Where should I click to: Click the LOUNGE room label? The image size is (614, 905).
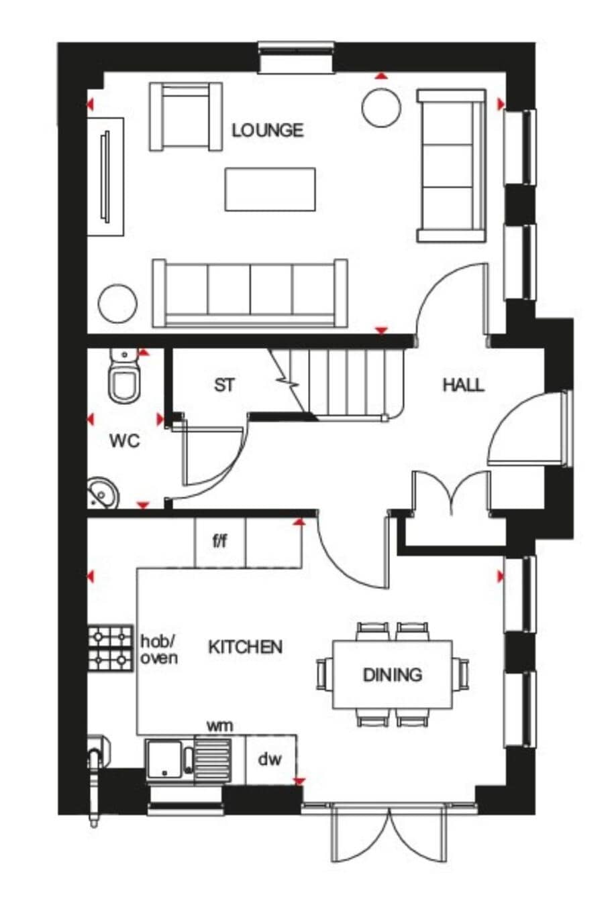267,131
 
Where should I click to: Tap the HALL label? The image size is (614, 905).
463,385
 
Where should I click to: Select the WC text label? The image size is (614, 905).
125,441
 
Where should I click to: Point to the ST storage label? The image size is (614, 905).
224,385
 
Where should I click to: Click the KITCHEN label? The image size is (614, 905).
245,647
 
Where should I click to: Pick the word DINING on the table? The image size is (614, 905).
393,674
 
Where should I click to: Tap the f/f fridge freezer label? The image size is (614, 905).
220,541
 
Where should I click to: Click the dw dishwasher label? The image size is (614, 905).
270,759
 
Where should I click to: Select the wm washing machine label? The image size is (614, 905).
220,726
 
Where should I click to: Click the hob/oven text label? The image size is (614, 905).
159,650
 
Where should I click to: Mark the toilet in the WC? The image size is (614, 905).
123,375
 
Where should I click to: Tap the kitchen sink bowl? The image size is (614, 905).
164,760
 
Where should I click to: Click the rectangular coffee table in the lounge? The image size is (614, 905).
270,190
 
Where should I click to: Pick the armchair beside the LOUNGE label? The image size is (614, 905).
186,117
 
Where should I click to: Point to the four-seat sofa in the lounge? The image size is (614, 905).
250,294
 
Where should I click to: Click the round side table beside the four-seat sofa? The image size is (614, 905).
117,304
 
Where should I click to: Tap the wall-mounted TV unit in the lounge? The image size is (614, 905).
105,176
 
